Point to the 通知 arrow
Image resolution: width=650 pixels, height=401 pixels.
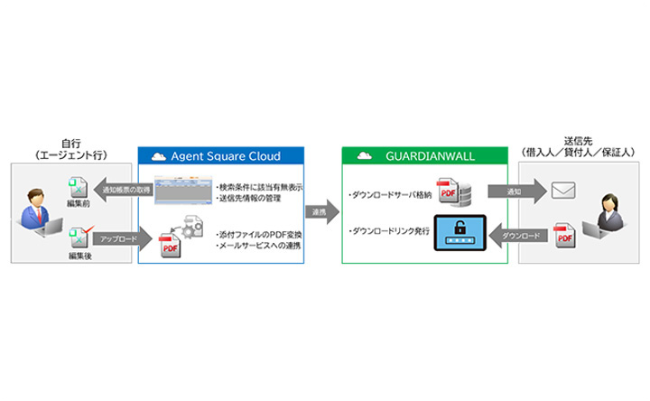tap(515, 191)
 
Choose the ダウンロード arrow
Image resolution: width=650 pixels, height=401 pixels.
tap(515, 237)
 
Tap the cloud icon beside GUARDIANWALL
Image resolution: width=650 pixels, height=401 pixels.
tap(364, 154)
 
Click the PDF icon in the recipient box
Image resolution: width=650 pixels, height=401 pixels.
tap(564, 238)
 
